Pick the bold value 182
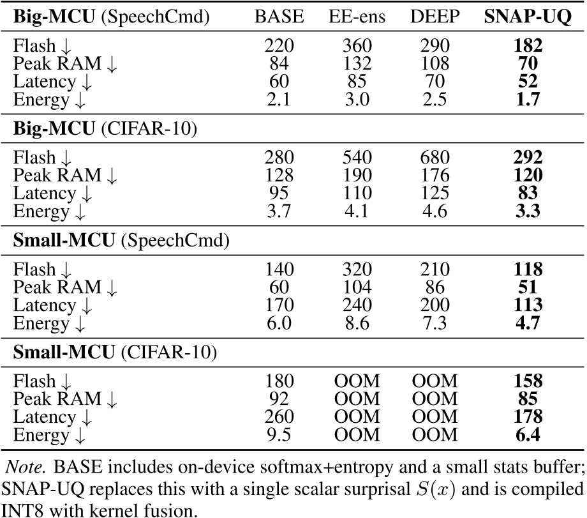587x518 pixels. coord(529,47)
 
